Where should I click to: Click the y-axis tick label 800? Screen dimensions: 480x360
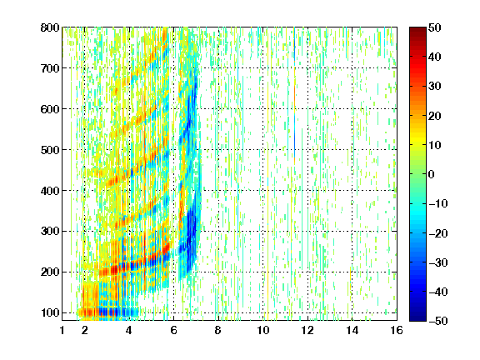coord(50,27)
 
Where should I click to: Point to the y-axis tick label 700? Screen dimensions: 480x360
coord(50,68)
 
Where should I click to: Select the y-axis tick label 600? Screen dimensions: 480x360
coord(50,109)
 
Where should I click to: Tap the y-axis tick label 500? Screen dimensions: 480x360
coord(50,150)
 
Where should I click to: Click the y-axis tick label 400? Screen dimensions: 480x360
coord(50,190)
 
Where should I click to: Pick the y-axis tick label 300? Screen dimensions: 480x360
coord(50,231)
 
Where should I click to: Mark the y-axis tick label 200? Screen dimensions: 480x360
coord(50,272)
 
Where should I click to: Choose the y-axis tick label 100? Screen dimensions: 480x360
coord(50,312)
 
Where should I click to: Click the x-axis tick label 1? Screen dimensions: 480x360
coord(62,330)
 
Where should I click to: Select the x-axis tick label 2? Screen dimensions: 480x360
coord(85,330)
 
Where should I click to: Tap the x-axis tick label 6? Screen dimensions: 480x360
coord(174,330)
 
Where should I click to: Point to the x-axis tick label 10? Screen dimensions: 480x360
coord(263,330)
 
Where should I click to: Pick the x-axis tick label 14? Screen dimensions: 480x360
coord(352,330)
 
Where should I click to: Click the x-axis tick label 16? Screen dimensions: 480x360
coord(397,330)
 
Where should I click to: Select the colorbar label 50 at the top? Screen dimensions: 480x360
coord(434,27)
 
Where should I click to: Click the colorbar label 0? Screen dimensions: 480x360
coord(432,174)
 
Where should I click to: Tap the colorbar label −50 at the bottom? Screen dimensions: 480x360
coord(438,321)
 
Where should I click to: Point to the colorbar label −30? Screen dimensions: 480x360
coord(438,262)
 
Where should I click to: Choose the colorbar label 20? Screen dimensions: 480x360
coord(434,116)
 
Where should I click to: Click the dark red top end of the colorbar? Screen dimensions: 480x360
coord(417,30)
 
